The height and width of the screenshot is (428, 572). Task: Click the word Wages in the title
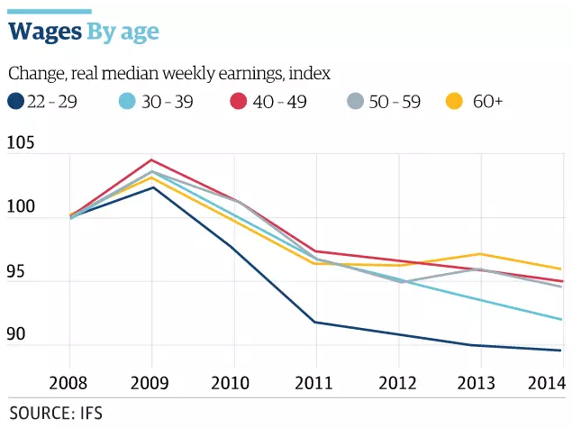coord(45,32)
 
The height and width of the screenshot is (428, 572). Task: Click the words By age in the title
coord(123,32)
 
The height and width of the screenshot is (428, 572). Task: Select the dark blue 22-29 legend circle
coord(15,102)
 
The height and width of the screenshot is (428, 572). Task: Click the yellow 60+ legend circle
coord(456,102)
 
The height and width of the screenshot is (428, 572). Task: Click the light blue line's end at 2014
coord(562,319)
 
